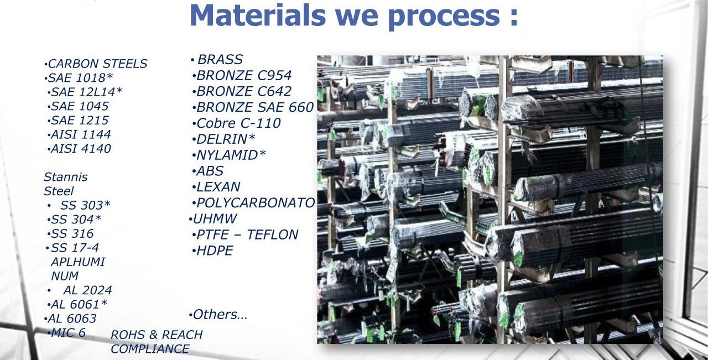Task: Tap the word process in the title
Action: (x=444, y=18)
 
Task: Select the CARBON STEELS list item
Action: (x=97, y=64)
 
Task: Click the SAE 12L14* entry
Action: (x=87, y=92)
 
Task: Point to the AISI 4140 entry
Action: (x=81, y=149)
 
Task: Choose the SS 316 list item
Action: (x=72, y=233)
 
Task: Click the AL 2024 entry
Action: (x=87, y=290)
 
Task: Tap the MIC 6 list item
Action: (x=68, y=332)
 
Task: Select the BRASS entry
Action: (x=220, y=59)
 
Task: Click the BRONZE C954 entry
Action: (x=244, y=75)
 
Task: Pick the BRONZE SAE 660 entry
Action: (x=255, y=107)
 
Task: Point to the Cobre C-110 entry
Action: (x=238, y=123)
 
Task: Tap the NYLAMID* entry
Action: (x=231, y=155)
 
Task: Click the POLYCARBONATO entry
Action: (x=256, y=202)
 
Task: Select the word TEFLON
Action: (x=272, y=234)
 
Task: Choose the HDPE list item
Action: (x=215, y=251)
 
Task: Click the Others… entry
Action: (x=220, y=315)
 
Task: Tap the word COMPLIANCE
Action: (x=150, y=349)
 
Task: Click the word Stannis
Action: (x=65, y=177)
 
